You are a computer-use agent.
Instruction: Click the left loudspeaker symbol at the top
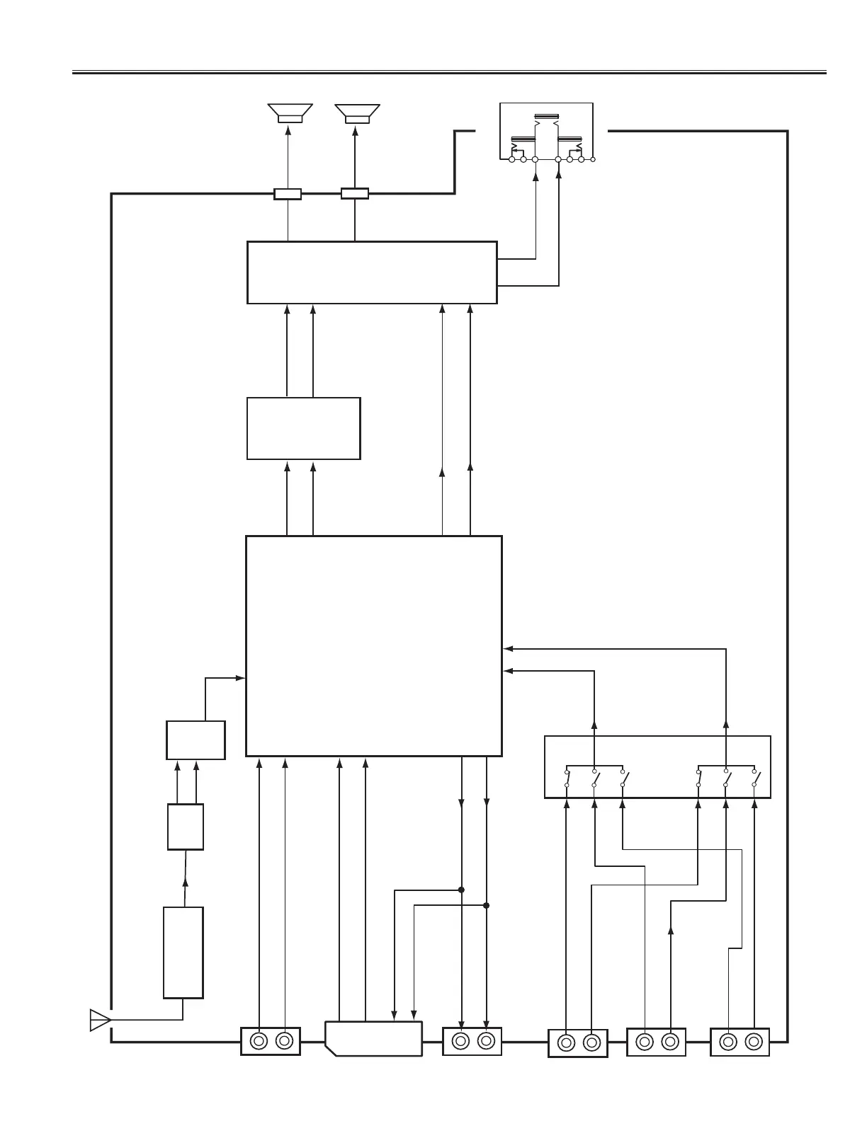click(289, 113)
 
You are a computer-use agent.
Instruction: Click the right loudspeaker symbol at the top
click(356, 113)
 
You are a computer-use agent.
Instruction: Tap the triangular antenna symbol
click(100, 1020)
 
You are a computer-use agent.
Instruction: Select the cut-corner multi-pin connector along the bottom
click(373, 1038)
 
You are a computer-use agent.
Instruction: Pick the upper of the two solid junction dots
click(461, 890)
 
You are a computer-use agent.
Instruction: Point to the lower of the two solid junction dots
click(487, 905)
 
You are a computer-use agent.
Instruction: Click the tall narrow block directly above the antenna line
click(183, 952)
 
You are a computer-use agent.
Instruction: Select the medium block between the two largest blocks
click(303, 428)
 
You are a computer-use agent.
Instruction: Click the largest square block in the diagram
click(373, 645)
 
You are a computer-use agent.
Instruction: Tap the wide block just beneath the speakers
click(371, 272)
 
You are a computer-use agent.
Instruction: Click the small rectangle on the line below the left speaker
click(288, 194)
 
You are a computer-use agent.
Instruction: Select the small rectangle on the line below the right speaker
click(355, 193)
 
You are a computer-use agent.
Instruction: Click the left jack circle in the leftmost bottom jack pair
click(259, 1041)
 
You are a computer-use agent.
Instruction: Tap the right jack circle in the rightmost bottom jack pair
click(753, 1042)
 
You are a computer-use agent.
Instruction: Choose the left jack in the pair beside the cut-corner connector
click(460, 1041)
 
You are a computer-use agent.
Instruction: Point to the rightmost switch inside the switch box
click(755, 778)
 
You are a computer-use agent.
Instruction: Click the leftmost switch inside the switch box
click(567, 778)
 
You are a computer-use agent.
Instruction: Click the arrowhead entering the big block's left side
click(241, 678)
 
